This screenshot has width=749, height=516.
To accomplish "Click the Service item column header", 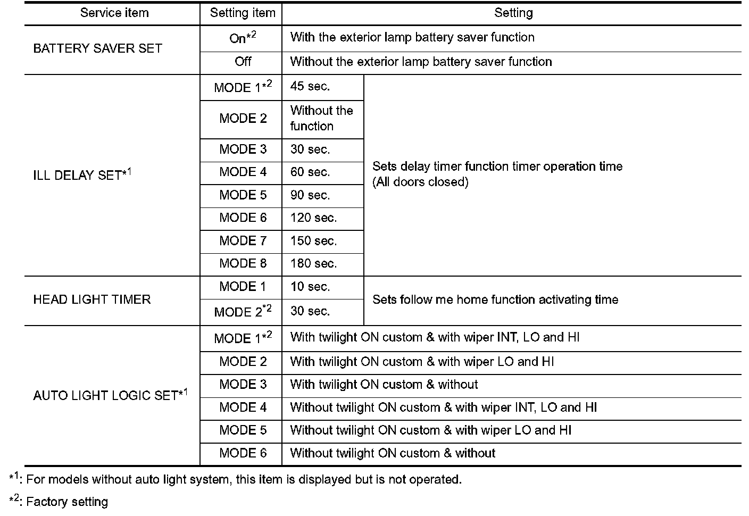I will tap(114, 13).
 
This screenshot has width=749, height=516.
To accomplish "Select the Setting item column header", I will tap(243, 13).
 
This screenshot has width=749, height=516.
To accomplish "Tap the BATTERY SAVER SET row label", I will tap(97, 48).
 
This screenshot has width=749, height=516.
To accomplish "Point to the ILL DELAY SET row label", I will tap(82, 175).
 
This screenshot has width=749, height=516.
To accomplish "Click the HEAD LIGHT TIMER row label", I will tap(91, 299).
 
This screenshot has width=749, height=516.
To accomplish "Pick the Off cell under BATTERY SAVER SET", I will tap(243, 62).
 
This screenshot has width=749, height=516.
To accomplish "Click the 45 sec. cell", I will tap(310, 87).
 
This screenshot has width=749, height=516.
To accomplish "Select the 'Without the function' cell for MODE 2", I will tap(321, 118).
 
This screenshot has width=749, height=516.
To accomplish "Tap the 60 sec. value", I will tap(310, 172).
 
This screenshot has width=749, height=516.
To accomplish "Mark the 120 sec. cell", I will tap(313, 218).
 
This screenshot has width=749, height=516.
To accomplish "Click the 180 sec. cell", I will tap(313, 264).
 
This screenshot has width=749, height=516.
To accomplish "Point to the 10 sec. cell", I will tap(310, 287).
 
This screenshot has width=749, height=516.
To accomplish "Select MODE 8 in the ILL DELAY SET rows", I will tap(243, 264).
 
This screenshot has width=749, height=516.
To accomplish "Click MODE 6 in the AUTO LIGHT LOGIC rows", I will tap(243, 453).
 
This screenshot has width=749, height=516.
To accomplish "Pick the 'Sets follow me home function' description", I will tap(495, 300).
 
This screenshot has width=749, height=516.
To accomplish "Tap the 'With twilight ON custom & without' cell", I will tap(384, 385).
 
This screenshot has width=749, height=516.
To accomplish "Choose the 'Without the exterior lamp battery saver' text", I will tap(421, 62).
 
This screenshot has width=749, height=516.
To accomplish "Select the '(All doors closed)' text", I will tap(420, 182).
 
